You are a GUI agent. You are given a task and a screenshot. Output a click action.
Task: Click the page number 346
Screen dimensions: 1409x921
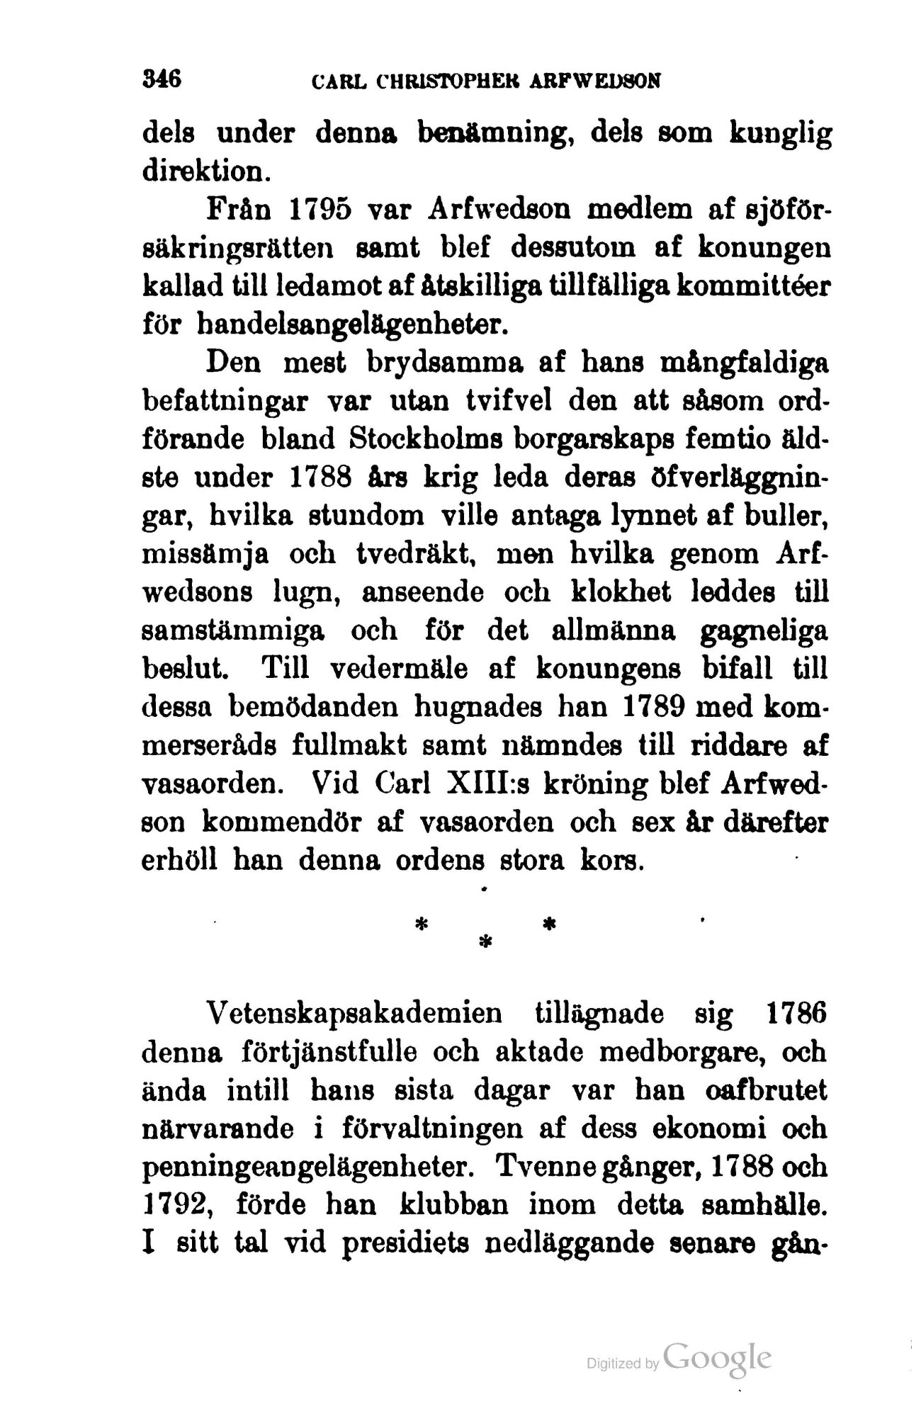point(163,77)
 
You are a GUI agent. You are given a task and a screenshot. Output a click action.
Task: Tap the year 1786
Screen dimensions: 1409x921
point(796,1014)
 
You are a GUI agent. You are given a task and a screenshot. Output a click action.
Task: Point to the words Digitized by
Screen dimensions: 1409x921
point(620,1362)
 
